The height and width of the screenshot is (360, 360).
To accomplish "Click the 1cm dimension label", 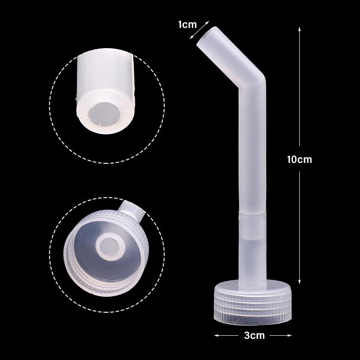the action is [187, 25].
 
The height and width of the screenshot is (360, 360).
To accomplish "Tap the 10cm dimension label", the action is [299, 159].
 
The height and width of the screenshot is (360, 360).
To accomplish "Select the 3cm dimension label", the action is [254, 335].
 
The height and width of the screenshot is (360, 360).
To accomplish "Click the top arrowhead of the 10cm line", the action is [299, 29].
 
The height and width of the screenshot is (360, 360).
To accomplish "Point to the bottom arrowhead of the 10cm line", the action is [299, 282].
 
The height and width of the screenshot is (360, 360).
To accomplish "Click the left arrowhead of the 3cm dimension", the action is [216, 335].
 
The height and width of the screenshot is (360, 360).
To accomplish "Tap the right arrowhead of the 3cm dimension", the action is [289, 335].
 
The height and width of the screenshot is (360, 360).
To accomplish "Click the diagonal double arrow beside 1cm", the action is [199, 30].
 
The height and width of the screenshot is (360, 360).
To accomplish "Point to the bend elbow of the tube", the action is [253, 81].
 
